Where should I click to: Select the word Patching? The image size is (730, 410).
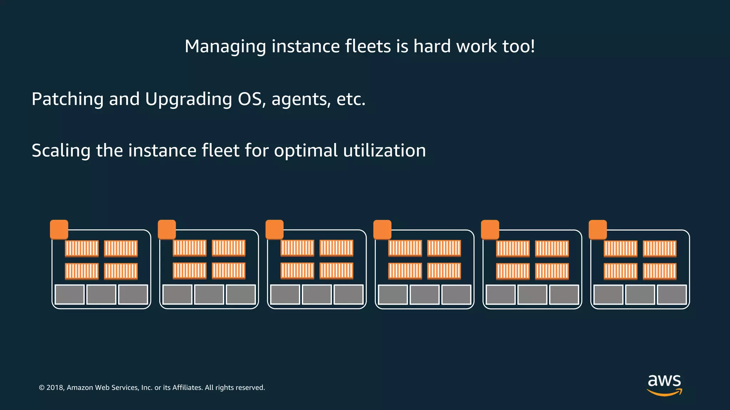(67, 99)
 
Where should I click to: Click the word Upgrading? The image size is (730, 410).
(189, 99)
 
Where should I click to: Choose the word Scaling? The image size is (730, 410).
(61, 151)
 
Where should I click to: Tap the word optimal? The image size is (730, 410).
(306, 151)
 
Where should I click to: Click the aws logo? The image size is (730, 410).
(664, 385)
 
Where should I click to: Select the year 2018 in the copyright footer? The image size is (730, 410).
(55, 388)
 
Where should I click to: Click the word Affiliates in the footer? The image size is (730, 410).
(187, 388)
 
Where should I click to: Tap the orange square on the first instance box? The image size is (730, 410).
(59, 229)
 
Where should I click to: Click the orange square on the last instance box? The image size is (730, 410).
(598, 230)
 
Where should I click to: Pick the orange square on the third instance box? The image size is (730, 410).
(274, 229)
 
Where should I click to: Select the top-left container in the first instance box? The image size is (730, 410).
(82, 248)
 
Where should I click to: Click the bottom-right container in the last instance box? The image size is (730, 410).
(659, 271)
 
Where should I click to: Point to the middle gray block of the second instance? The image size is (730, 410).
(209, 294)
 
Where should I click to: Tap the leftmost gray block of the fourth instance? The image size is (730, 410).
(393, 294)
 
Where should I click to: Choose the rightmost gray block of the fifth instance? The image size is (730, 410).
(564, 294)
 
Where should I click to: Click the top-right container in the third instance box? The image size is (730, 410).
(336, 248)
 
